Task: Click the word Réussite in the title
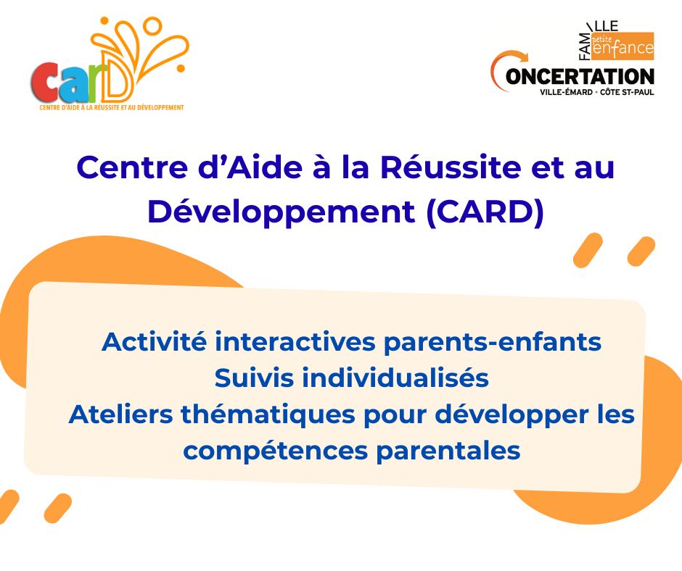451,167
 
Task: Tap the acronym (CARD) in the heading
485,212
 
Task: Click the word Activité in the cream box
154,341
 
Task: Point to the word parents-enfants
493,343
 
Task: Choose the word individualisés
395,378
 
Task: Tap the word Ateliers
120,414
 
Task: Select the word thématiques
268,415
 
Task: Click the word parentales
448,451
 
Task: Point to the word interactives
295,341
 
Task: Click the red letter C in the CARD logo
45,83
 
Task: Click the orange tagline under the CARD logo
112,107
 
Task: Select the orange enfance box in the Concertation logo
623,46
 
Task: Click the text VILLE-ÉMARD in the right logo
566,92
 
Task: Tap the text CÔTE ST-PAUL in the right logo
627,92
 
